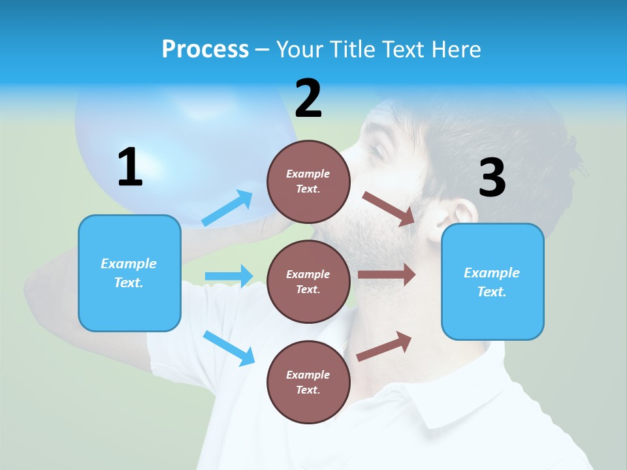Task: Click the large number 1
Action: coord(130,168)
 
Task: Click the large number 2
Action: coord(308,99)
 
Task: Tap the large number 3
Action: coord(492,178)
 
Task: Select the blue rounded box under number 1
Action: coord(129,273)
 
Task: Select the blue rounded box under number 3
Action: coord(492,282)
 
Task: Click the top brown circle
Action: coord(308,181)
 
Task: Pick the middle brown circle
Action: coord(308,281)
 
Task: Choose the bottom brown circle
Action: coord(308,382)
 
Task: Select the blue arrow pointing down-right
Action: coord(229,347)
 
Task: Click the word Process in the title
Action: coord(205,49)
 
